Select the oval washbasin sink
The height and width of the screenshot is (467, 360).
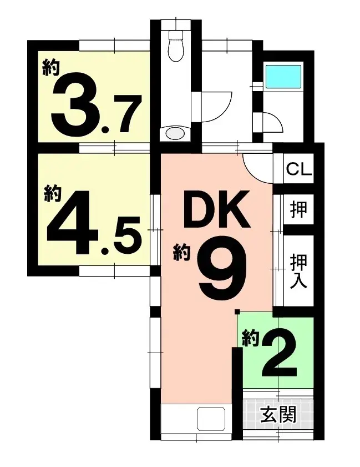[x=175, y=133]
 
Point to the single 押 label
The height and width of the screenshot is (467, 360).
[x=298, y=209]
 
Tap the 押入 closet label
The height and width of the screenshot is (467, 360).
[x=298, y=270]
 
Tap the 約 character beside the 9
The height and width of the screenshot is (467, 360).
[x=181, y=254]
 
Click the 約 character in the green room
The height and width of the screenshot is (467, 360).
[x=251, y=338]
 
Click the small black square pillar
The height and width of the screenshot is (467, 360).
[x=237, y=311]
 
